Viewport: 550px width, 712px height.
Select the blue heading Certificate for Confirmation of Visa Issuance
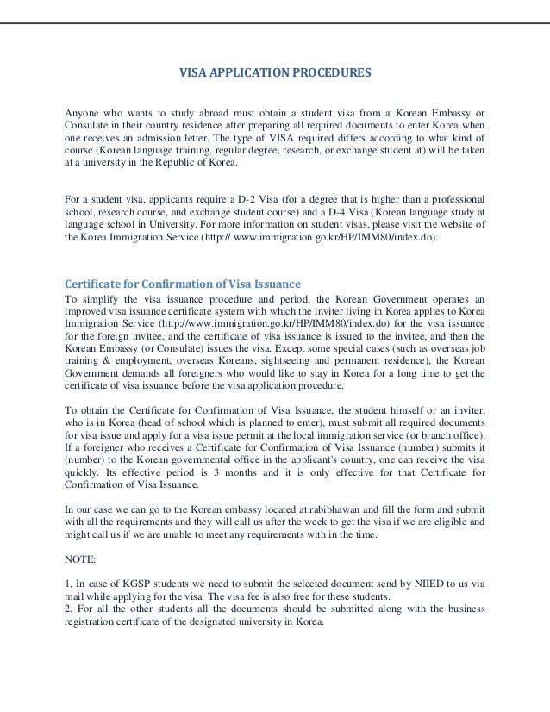pyautogui.click(x=183, y=285)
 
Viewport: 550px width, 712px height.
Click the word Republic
pyautogui.click(x=189, y=162)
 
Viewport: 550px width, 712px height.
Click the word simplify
pyautogui.click(x=103, y=301)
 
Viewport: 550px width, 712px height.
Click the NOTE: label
pyautogui.click(x=82, y=558)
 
